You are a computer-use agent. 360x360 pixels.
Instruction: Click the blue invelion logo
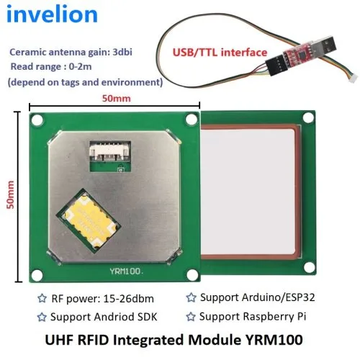click(x=52, y=14)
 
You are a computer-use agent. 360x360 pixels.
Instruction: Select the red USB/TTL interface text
click(x=220, y=53)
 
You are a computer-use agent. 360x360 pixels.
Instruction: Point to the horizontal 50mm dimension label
click(x=117, y=99)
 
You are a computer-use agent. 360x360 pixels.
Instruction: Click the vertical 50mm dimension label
click(x=10, y=194)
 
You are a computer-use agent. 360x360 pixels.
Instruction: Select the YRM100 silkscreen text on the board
click(x=127, y=271)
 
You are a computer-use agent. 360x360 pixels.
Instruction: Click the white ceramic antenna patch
click(x=248, y=192)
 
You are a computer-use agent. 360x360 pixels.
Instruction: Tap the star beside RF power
click(x=42, y=298)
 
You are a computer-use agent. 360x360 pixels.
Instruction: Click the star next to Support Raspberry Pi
click(x=191, y=317)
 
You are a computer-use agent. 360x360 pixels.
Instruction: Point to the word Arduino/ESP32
click(x=278, y=297)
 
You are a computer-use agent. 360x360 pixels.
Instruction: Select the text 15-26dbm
click(x=129, y=299)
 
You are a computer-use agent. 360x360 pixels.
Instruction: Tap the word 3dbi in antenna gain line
click(x=122, y=52)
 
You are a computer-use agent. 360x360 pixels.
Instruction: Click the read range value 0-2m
click(x=80, y=66)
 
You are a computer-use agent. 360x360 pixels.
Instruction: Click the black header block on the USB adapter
click(x=276, y=66)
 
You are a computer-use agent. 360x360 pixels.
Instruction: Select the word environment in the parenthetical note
click(x=131, y=82)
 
